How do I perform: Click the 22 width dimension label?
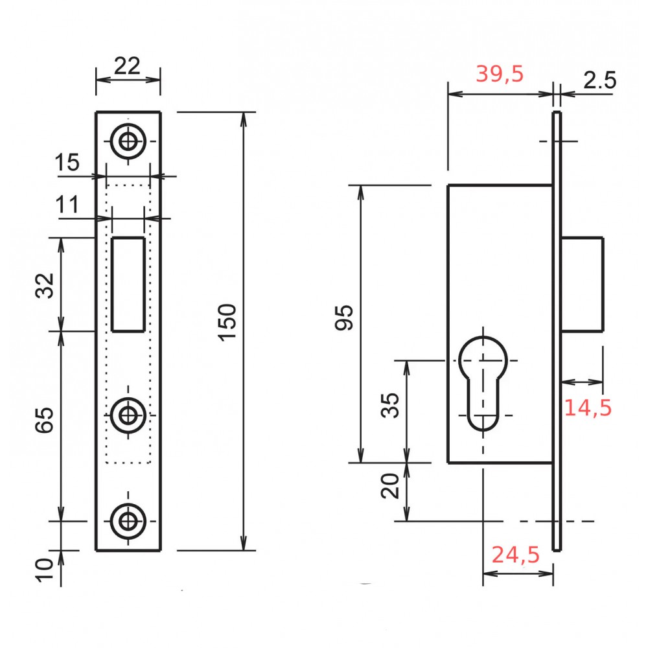[x=127, y=65]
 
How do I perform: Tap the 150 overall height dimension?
[x=227, y=322]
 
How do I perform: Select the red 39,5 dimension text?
[x=500, y=75]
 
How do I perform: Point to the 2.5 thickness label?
[x=599, y=80]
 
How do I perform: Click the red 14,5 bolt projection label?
[x=587, y=408]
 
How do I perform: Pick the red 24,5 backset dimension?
[x=515, y=555]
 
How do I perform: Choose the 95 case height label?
[x=344, y=318]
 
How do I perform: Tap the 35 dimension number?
[x=390, y=406]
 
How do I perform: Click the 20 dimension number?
[x=390, y=486]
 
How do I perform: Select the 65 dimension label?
[x=44, y=420]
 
